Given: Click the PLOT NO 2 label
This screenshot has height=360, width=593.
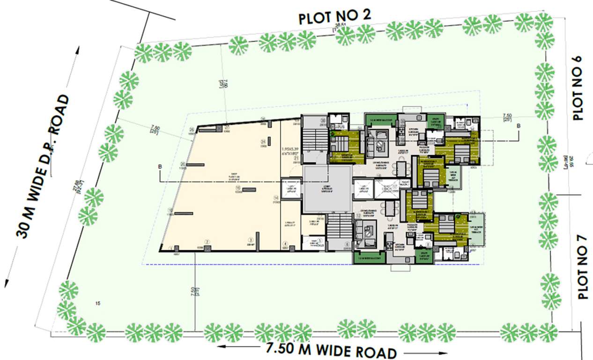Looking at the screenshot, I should [x=335, y=17].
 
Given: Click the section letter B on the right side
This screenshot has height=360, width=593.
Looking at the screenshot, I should [x=518, y=126].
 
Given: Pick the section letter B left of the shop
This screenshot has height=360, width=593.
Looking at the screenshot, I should [x=161, y=166].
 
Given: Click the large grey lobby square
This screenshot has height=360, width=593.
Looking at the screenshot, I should [x=326, y=189].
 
